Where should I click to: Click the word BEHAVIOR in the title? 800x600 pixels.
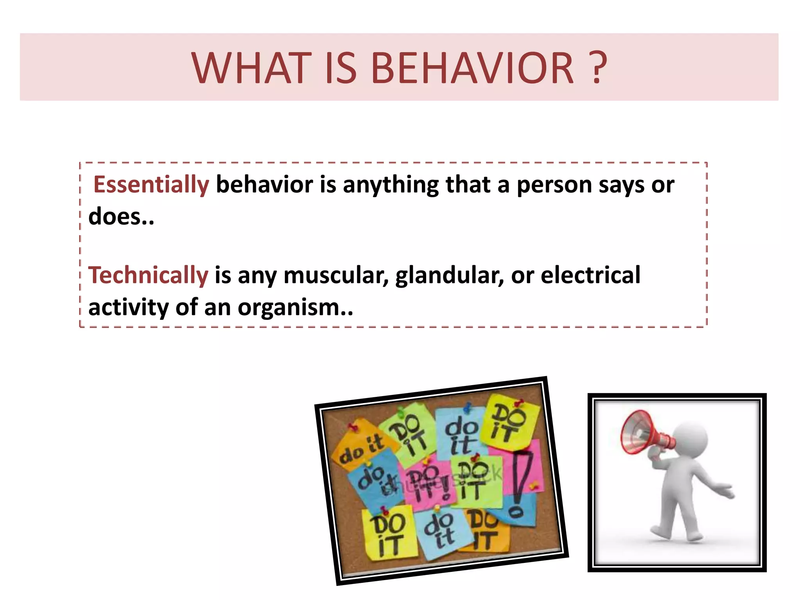point(472,68)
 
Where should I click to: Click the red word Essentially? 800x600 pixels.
point(151,184)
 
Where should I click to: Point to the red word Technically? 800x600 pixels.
point(148,275)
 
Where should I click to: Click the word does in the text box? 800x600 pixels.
point(115,216)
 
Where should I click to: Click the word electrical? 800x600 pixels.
point(590,275)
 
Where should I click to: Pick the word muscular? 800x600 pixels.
point(336,275)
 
